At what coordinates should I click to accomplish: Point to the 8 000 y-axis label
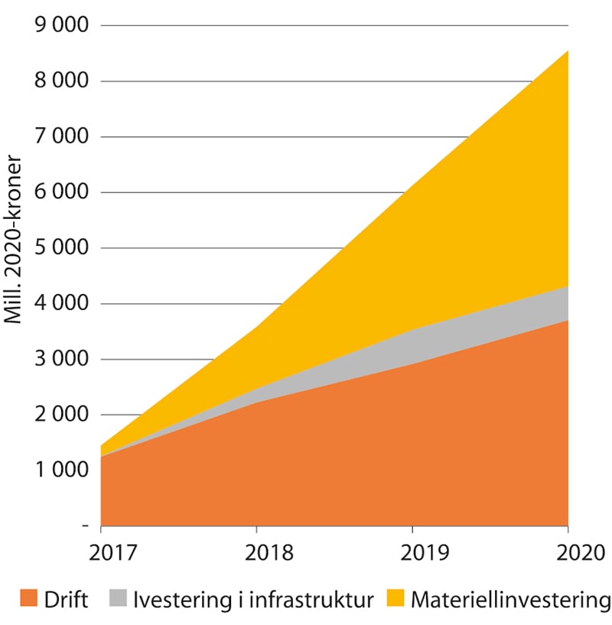(x=62, y=81)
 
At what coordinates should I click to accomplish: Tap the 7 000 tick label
(x=62, y=137)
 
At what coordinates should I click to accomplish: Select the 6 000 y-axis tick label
(x=62, y=192)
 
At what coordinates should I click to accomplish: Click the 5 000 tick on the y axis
(x=62, y=248)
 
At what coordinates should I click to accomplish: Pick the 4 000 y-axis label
(x=62, y=304)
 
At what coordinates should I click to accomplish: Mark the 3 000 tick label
(x=62, y=359)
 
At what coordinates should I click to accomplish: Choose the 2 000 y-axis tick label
(x=62, y=415)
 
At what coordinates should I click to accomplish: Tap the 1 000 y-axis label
(x=62, y=471)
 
